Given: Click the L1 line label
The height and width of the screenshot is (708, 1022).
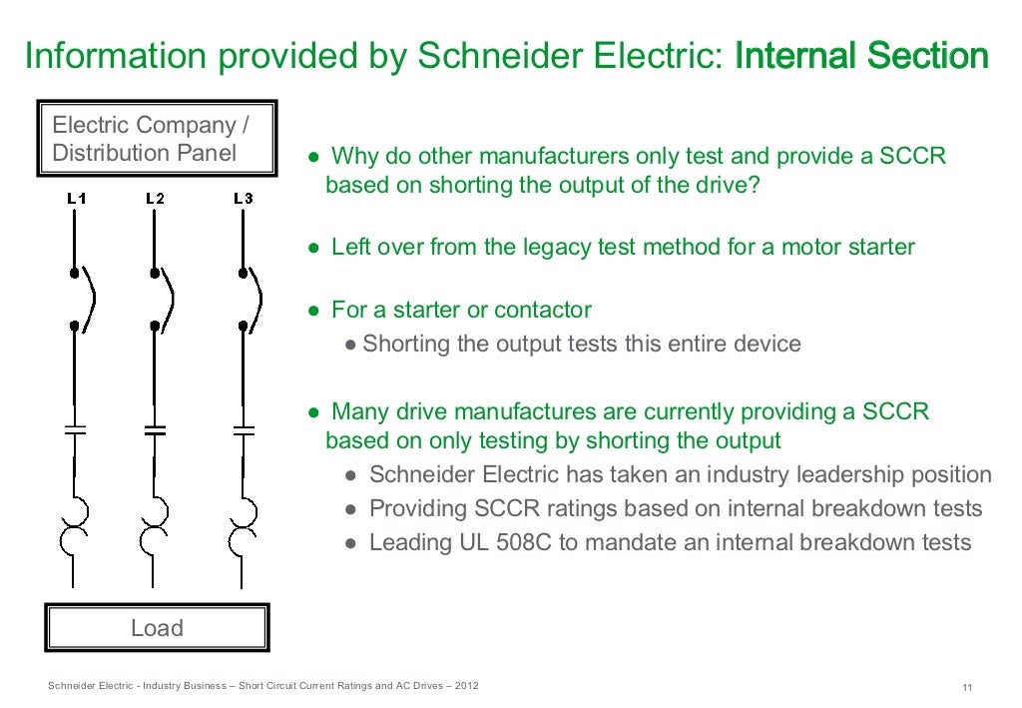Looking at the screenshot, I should tap(76, 199).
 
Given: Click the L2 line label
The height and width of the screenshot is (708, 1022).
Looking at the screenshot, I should tap(155, 199).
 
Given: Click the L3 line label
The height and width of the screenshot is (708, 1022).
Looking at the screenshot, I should tap(243, 199).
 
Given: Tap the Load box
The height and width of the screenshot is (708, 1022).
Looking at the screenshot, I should tap(157, 628).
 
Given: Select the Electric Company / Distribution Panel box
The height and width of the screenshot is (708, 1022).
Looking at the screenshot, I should tap(157, 139).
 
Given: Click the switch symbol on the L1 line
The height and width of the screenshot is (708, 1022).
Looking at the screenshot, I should tap(82, 299).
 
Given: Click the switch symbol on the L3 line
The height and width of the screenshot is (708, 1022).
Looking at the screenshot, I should tap(250, 299).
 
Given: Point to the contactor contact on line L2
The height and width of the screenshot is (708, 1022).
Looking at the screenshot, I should tap(155, 430).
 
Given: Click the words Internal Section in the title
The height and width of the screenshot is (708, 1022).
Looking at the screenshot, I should tap(861, 57).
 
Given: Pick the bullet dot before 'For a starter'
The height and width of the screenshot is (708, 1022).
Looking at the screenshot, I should tap(313, 311).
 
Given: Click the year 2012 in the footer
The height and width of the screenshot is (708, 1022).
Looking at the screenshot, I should tap(465, 686).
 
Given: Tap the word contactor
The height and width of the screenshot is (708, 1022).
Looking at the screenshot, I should tap(545, 311).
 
